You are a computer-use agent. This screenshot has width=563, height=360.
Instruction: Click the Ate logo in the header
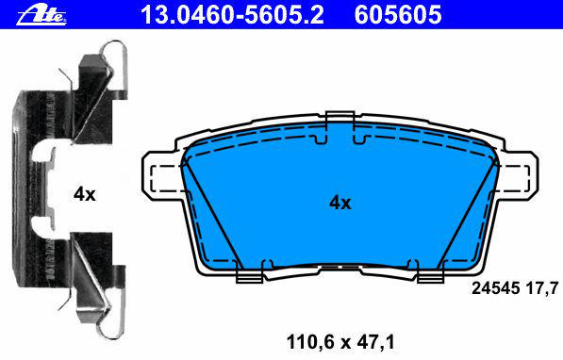click(41, 14)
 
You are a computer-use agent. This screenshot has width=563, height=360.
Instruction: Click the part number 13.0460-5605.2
click(232, 15)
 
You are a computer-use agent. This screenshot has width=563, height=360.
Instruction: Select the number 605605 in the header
click(398, 15)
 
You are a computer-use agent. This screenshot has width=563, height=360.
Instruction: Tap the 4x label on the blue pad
click(340, 204)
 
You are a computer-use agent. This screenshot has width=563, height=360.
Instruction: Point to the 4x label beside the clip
click(84, 194)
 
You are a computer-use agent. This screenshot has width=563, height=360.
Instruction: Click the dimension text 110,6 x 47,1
click(340, 342)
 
